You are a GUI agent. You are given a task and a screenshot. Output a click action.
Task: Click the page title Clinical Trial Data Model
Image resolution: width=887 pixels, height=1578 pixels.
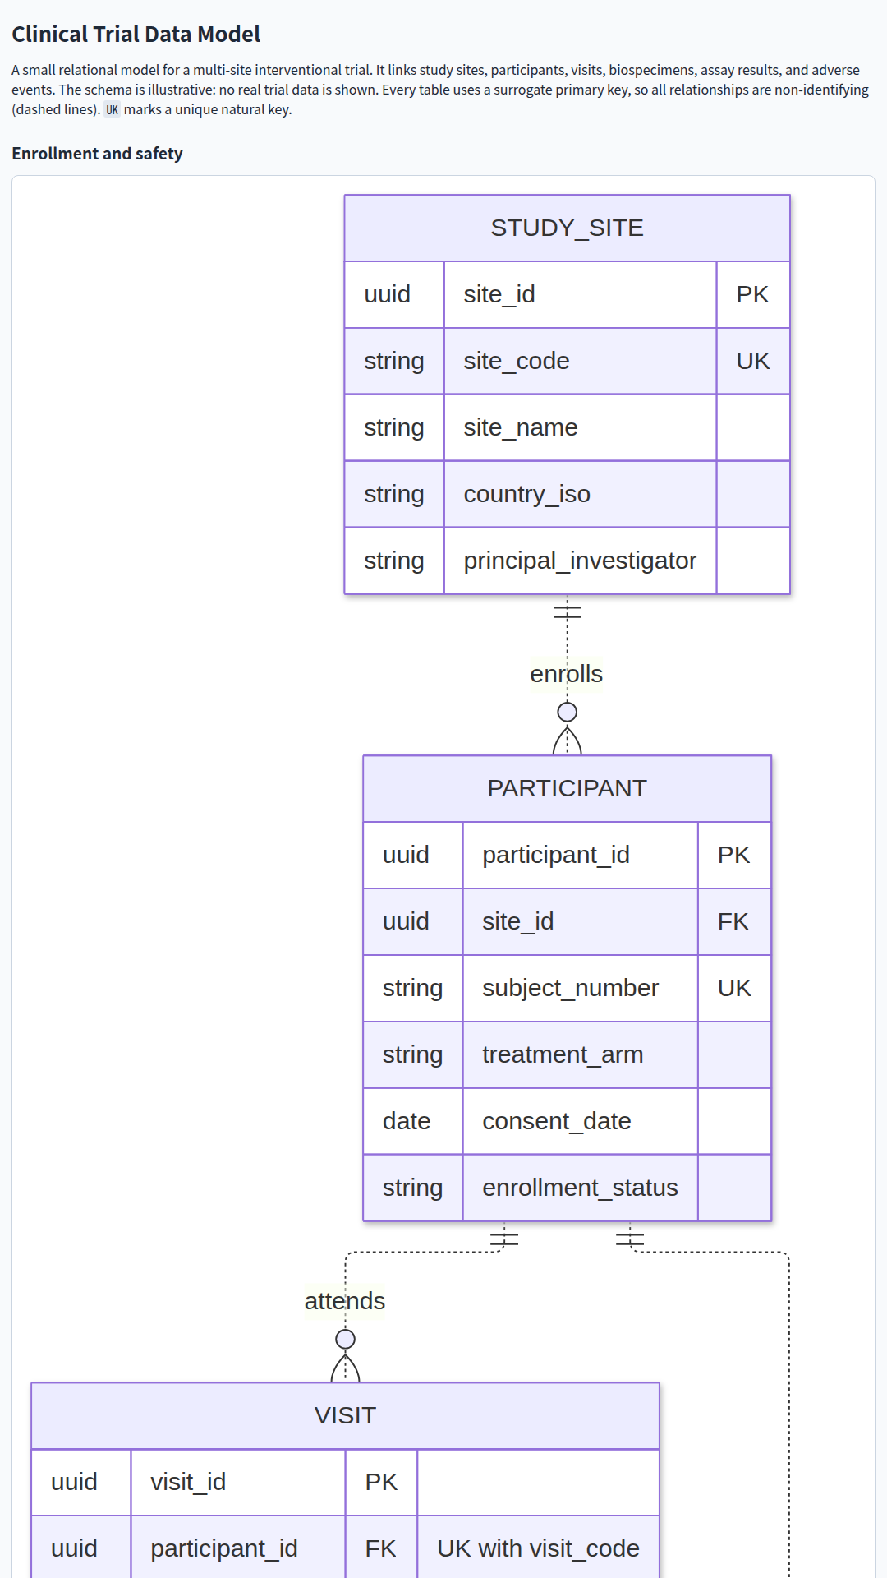(x=136, y=34)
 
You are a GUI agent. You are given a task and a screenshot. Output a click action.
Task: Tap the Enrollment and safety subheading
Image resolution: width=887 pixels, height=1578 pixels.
(x=97, y=154)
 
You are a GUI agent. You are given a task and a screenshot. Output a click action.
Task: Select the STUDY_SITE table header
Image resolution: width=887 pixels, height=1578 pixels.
(x=567, y=228)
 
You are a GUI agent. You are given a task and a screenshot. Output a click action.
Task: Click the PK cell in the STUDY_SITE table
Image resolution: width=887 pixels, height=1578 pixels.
(x=752, y=294)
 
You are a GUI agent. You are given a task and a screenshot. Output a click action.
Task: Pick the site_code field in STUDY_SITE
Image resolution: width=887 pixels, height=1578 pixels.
(x=517, y=361)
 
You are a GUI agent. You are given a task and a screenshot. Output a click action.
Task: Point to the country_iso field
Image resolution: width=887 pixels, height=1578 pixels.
(x=526, y=494)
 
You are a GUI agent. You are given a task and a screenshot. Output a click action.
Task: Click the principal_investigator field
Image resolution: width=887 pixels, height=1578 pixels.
(x=580, y=561)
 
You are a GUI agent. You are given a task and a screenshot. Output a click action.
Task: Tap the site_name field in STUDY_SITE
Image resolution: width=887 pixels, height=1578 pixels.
(x=521, y=427)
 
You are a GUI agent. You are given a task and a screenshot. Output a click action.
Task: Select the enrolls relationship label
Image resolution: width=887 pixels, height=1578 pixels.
(x=567, y=674)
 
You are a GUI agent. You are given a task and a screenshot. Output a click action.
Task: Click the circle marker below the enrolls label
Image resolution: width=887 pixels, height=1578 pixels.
(x=567, y=712)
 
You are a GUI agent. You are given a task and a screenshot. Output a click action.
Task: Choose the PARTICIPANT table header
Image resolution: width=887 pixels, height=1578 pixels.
(x=567, y=788)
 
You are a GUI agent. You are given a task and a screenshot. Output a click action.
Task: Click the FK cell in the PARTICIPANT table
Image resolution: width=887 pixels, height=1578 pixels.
(x=733, y=921)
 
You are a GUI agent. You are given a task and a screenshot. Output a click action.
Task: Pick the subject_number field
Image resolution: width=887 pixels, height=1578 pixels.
(x=570, y=988)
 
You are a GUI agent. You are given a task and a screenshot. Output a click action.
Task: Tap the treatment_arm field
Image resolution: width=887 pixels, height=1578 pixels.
(x=563, y=1054)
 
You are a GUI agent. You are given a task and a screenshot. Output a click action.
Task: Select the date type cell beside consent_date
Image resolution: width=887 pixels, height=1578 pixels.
(x=407, y=1121)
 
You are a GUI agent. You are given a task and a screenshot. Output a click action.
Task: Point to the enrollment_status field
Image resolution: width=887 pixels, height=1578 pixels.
(x=580, y=1188)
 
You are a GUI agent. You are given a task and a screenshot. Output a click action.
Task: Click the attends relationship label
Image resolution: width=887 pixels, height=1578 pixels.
(x=345, y=1301)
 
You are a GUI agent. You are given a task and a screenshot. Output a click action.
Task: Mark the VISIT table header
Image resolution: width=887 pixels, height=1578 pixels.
(x=345, y=1415)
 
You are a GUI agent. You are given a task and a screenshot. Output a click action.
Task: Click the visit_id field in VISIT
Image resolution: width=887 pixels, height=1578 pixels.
(x=188, y=1482)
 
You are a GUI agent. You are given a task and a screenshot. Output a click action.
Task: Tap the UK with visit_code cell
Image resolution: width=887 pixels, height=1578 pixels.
(x=538, y=1548)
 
